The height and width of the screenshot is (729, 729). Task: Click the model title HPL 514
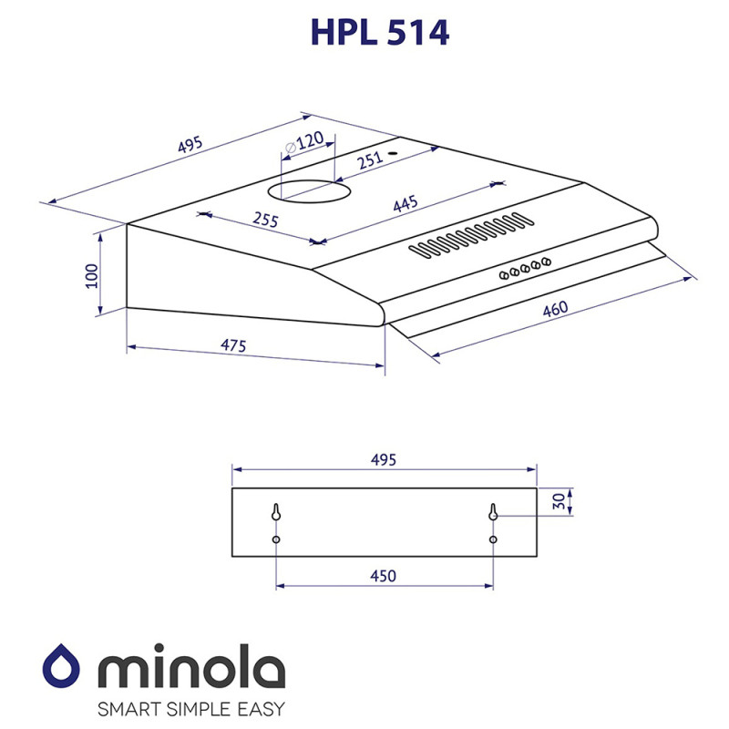click(x=380, y=34)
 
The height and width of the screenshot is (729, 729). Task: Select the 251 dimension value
click(x=368, y=161)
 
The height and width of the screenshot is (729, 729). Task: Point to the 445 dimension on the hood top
click(x=405, y=204)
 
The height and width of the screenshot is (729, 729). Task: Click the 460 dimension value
click(x=555, y=309)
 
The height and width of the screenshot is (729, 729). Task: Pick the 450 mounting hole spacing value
click(x=383, y=576)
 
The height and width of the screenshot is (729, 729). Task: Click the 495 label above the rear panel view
click(x=383, y=460)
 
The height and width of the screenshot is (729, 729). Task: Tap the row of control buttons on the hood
click(x=525, y=267)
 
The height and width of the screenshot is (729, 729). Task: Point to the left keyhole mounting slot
click(x=276, y=513)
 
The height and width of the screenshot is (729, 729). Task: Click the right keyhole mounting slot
click(x=493, y=513)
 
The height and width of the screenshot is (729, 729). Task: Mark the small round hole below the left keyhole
click(x=276, y=539)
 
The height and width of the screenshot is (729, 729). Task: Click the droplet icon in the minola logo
click(x=66, y=669)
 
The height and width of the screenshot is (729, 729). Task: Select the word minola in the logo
click(x=192, y=670)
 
